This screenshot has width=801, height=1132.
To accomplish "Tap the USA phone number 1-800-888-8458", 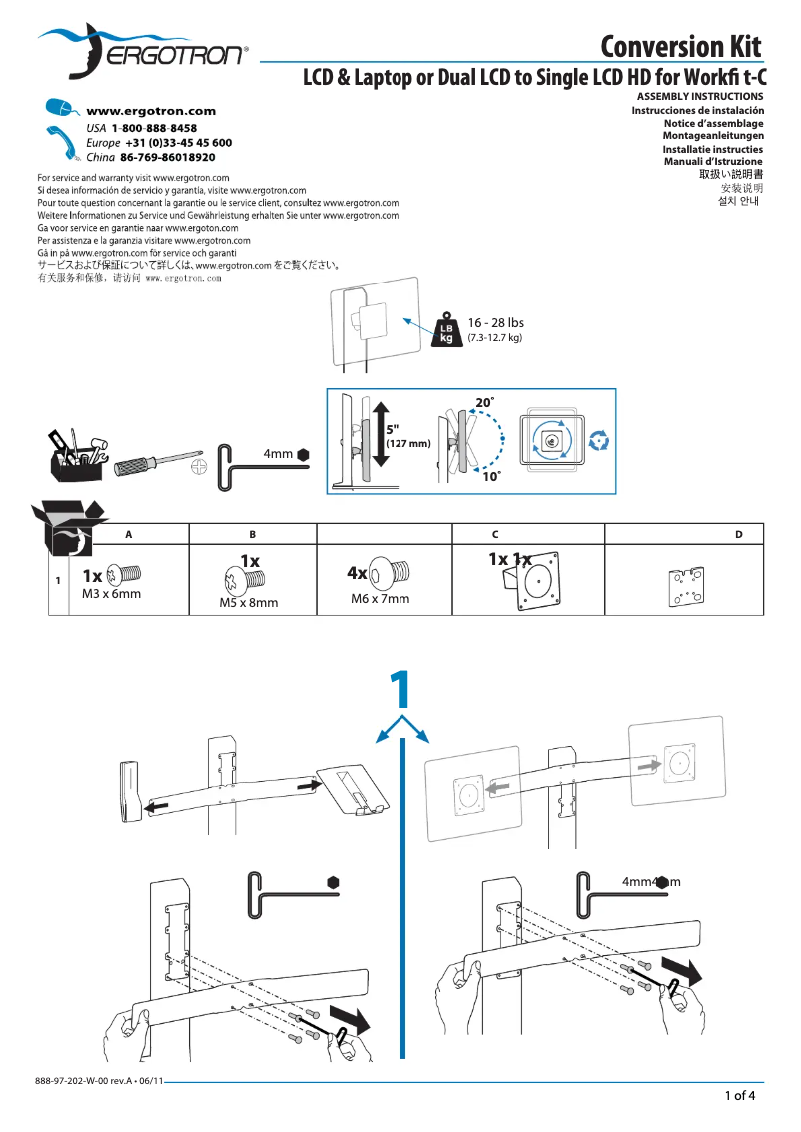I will (x=154, y=129).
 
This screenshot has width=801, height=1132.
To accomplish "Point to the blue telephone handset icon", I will (x=62, y=142).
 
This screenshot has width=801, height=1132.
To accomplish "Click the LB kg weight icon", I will (x=446, y=332).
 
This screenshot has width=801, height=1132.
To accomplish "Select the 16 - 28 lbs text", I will (x=495, y=322).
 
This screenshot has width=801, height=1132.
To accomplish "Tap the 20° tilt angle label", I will (x=484, y=401).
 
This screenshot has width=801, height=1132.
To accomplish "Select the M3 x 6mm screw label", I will (x=110, y=593).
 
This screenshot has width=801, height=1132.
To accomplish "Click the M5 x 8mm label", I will (x=248, y=603).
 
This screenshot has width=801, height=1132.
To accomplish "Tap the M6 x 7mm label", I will (x=380, y=599).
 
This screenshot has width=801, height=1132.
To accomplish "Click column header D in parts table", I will (x=738, y=535).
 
